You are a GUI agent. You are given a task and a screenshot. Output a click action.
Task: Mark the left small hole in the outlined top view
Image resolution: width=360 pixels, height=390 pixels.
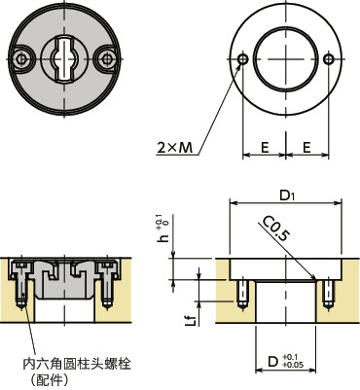tap(241, 60)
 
